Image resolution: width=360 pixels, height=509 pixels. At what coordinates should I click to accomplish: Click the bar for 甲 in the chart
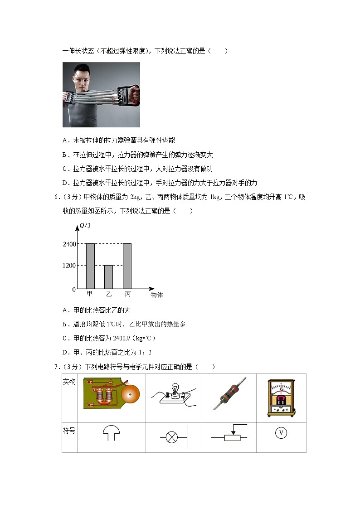[90, 266]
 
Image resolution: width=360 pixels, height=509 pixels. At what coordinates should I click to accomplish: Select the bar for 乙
[108, 277]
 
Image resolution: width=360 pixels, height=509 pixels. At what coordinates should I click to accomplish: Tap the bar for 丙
[127, 266]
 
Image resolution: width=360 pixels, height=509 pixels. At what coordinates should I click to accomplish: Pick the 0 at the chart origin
[74, 289]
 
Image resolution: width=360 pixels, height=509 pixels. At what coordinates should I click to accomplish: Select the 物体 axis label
[156, 295]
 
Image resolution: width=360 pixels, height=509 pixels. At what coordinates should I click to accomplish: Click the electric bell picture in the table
[111, 393]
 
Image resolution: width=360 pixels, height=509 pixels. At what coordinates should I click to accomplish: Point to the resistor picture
[229, 393]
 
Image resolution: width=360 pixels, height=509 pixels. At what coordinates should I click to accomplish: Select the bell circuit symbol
[111, 433]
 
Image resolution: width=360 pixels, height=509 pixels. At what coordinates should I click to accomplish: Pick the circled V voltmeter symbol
[281, 433]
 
